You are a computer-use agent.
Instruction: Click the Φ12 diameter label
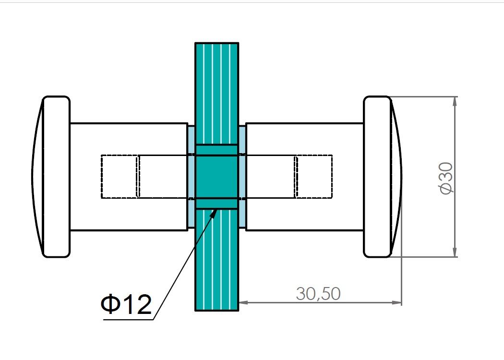pyautogui.click(x=126, y=304)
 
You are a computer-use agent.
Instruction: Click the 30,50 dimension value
pyautogui.click(x=318, y=293)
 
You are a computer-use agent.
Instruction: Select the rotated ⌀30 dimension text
pyautogui.click(x=446, y=178)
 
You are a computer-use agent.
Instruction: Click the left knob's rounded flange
pyautogui.click(x=56, y=177)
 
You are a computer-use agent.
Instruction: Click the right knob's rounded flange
pyautogui.click(x=377, y=177)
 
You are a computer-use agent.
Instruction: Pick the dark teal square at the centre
pyautogui.click(x=216, y=177)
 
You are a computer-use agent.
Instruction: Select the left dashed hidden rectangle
pyautogui.click(x=120, y=177)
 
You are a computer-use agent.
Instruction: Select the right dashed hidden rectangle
pyautogui.click(x=314, y=177)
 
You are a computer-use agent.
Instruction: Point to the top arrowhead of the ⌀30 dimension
pyautogui.click(x=455, y=101)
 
